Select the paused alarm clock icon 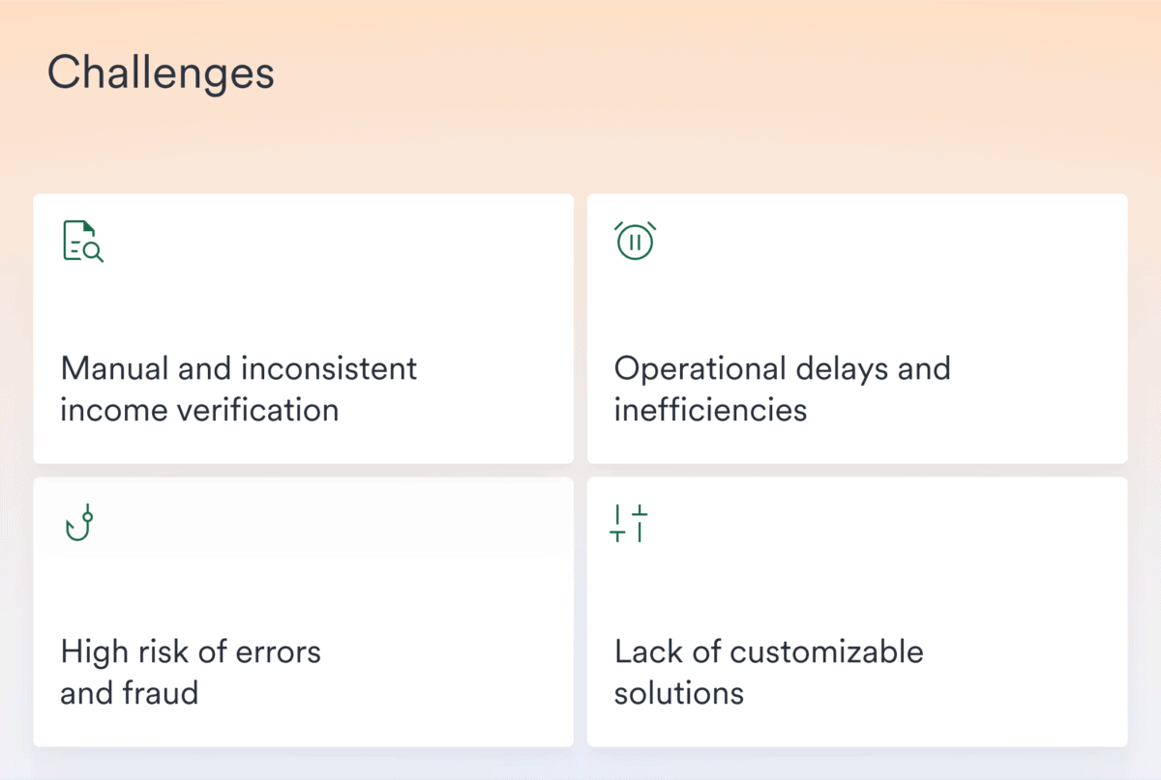tap(636, 241)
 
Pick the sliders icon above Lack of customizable tap(629, 523)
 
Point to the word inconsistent tap(328, 368)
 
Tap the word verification tap(260, 410)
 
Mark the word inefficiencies tap(710, 410)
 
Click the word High tap(90, 651)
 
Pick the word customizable tap(826, 651)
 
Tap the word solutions tap(678, 693)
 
